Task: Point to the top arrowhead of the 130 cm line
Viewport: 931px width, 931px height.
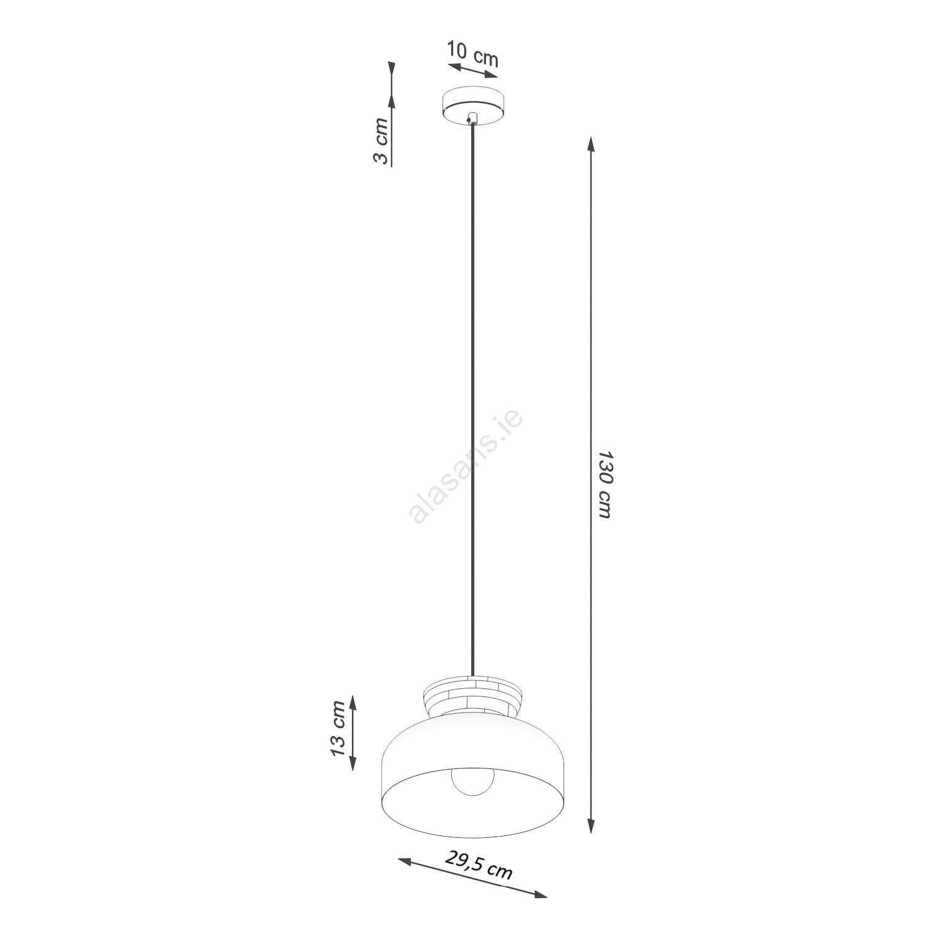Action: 591,145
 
